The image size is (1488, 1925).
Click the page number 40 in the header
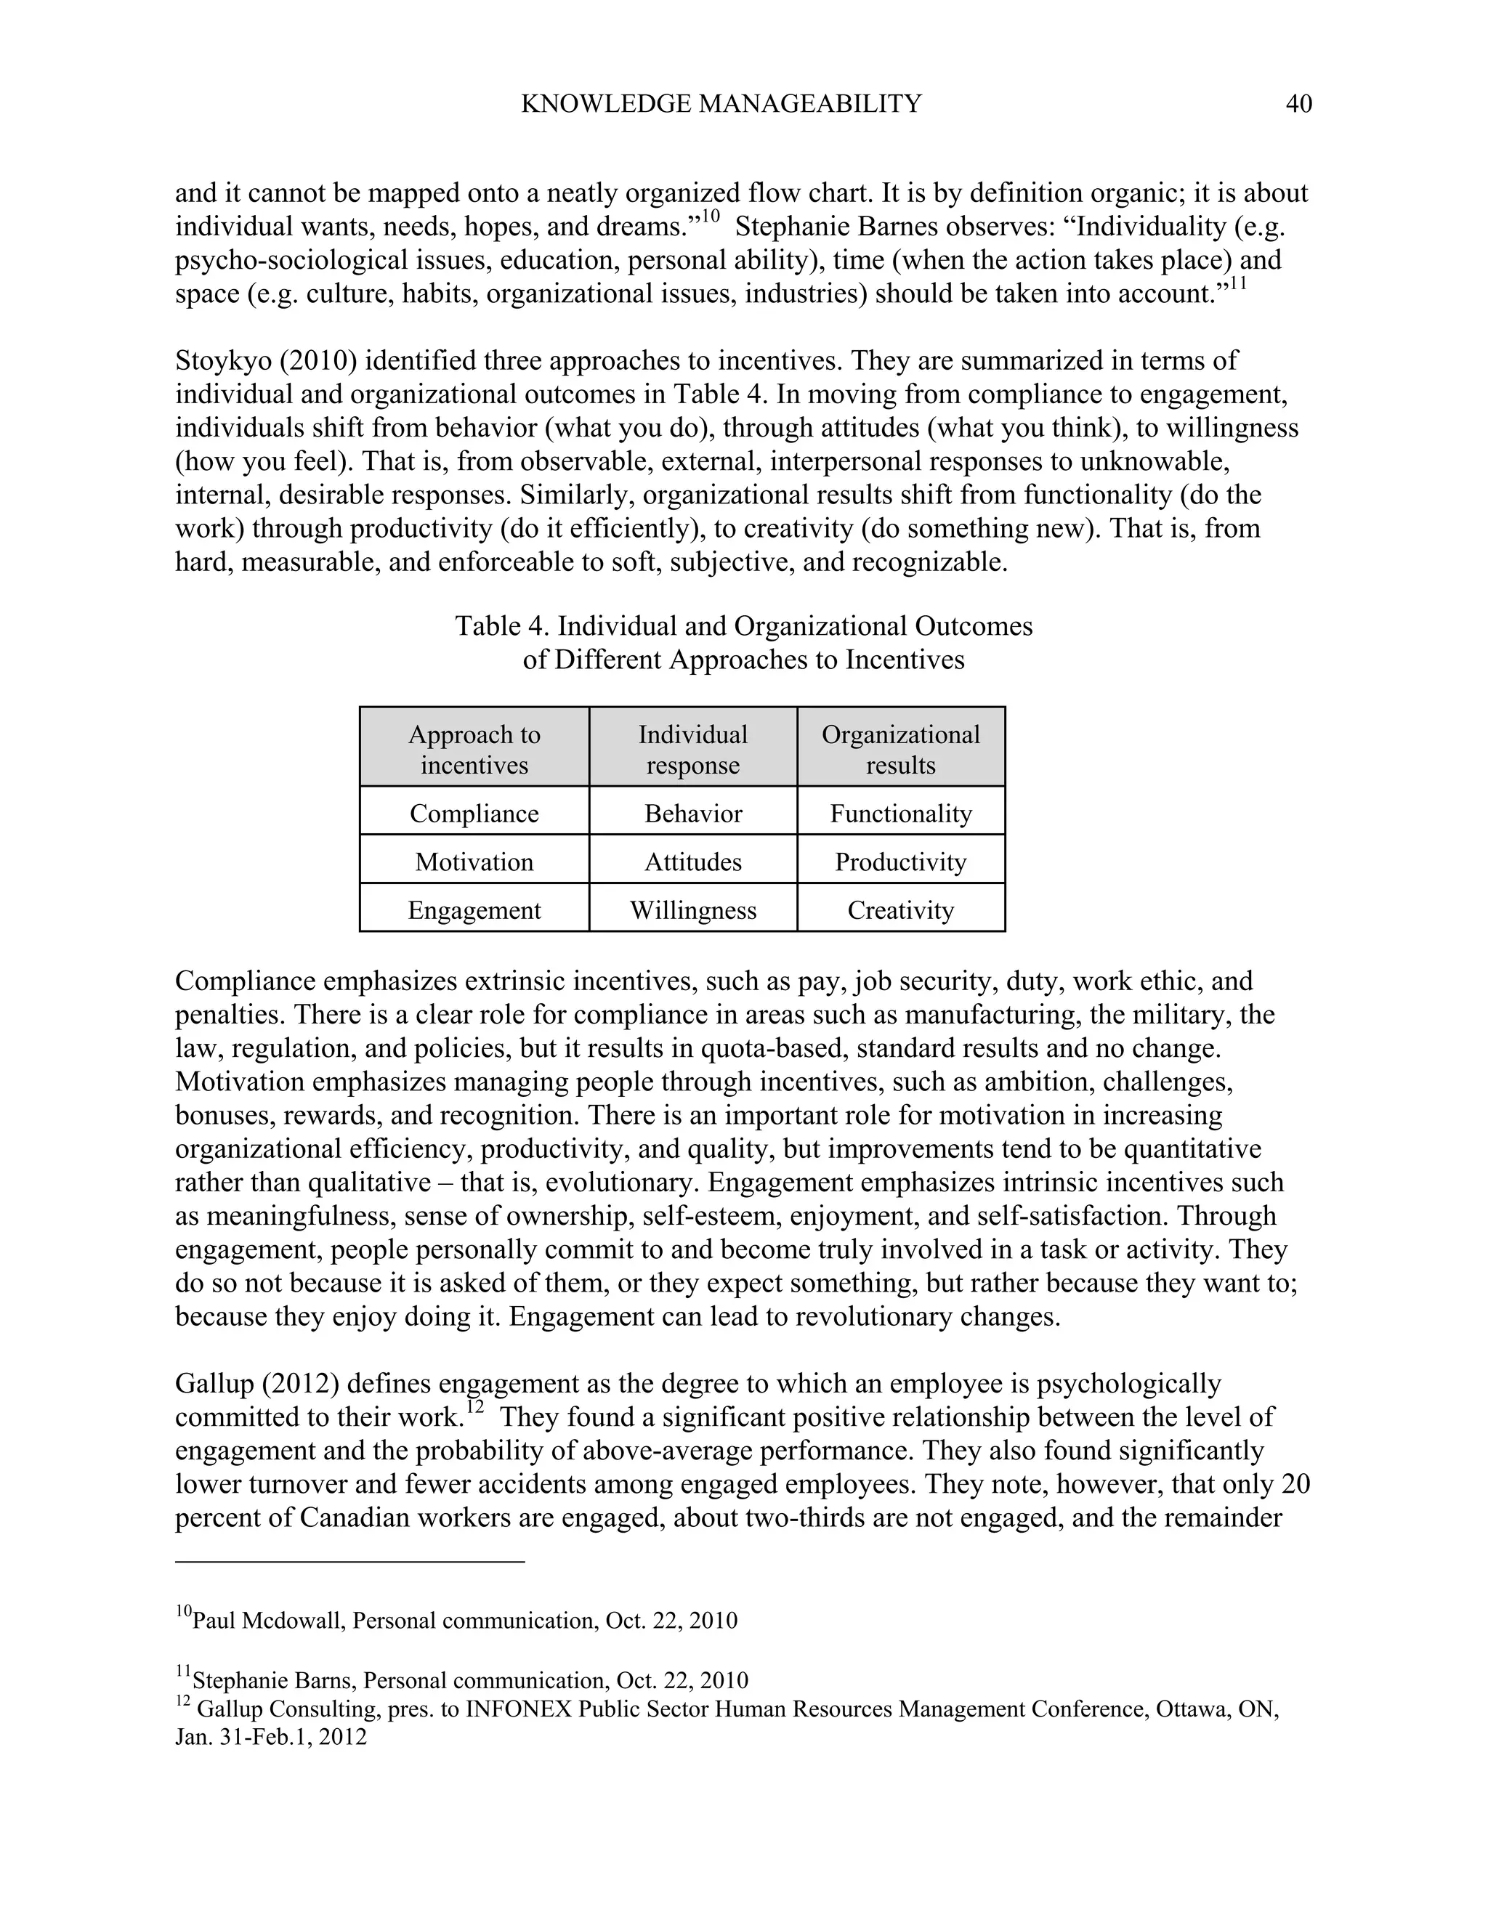1298,104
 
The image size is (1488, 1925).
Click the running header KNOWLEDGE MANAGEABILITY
720,104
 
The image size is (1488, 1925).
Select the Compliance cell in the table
474,813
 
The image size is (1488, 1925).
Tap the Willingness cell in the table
693,909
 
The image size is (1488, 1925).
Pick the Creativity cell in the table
900,909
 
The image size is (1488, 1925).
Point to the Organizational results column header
900,749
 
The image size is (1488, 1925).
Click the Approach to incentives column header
474,749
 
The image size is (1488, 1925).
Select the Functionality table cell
900,813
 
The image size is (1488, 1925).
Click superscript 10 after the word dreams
711,216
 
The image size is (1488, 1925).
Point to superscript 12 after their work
474,1408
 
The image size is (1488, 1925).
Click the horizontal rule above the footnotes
350,1562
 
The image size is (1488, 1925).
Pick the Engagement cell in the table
474,909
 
